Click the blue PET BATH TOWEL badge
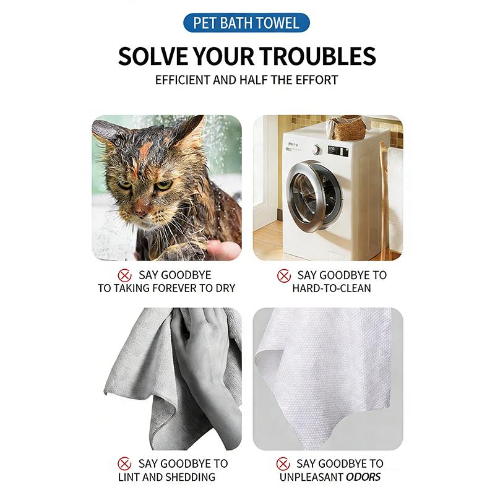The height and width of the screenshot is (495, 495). point(246,23)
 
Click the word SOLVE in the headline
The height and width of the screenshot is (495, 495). point(153,56)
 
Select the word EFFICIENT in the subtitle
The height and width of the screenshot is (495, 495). point(183,80)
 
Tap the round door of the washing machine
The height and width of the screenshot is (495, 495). point(314,196)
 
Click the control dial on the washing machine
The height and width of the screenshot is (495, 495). point(316,149)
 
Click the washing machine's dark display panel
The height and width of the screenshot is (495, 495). point(338,151)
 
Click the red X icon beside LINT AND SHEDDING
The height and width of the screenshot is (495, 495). point(124,463)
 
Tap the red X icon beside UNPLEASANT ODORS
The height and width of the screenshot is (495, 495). point(283,463)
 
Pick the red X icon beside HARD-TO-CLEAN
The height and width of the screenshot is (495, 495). point(284,275)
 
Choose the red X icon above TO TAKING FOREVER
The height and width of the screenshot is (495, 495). point(125,275)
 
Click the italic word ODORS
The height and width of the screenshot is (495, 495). point(363,476)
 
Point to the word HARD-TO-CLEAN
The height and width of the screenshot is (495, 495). point(332,288)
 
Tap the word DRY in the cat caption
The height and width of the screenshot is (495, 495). point(225,288)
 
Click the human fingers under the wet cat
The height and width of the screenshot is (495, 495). point(221,248)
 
